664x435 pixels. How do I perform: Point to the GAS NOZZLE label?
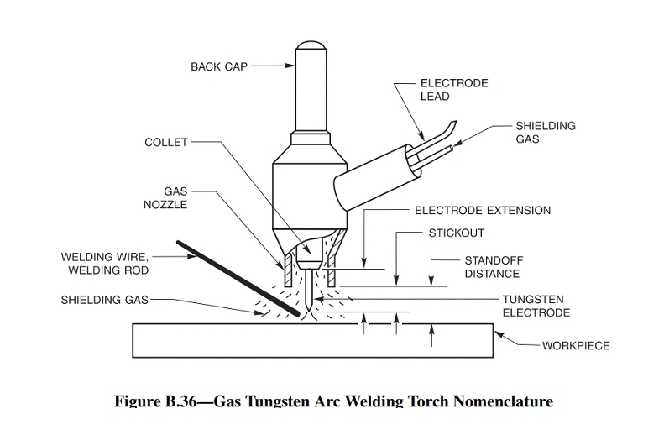[x=165, y=197]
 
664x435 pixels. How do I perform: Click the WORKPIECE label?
[x=576, y=345]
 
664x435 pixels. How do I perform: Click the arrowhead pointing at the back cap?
[x=286, y=63]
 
